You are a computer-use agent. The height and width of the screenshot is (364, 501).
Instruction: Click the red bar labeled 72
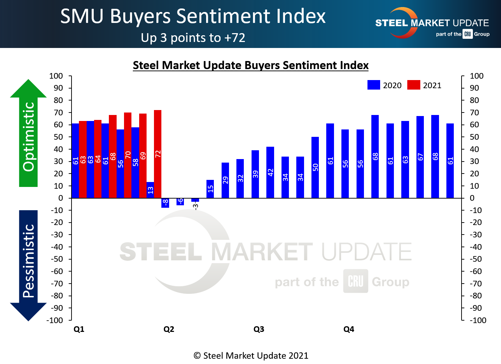click(157, 154)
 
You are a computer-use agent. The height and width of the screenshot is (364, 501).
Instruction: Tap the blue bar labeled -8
click(165, 203)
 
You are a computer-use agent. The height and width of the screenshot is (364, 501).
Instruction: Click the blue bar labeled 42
click(270, 172)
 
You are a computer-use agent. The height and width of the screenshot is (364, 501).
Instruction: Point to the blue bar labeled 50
click(315, 168)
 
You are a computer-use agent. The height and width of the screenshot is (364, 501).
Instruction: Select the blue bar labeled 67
click(420, 157)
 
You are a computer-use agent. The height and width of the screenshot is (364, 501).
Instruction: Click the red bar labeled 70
click(128, 155)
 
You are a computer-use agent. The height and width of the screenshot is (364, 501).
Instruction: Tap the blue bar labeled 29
click(225, 180)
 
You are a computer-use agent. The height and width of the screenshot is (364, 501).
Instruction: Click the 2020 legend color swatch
click(373, 85)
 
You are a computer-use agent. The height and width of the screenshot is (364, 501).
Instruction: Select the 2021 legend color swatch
click(414, 85)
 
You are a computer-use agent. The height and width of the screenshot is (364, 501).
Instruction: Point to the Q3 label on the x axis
click(259, 329)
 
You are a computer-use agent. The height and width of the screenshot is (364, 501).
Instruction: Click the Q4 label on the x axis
click(348, 329)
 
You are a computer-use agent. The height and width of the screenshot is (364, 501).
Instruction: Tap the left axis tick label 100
click(56, 76)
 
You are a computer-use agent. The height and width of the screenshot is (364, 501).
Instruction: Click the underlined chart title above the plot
click(251, 65)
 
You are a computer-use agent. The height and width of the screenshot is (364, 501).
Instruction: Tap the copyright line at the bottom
click(251, 356)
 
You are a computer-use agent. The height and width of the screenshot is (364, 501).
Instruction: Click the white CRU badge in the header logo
click(468, 34)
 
